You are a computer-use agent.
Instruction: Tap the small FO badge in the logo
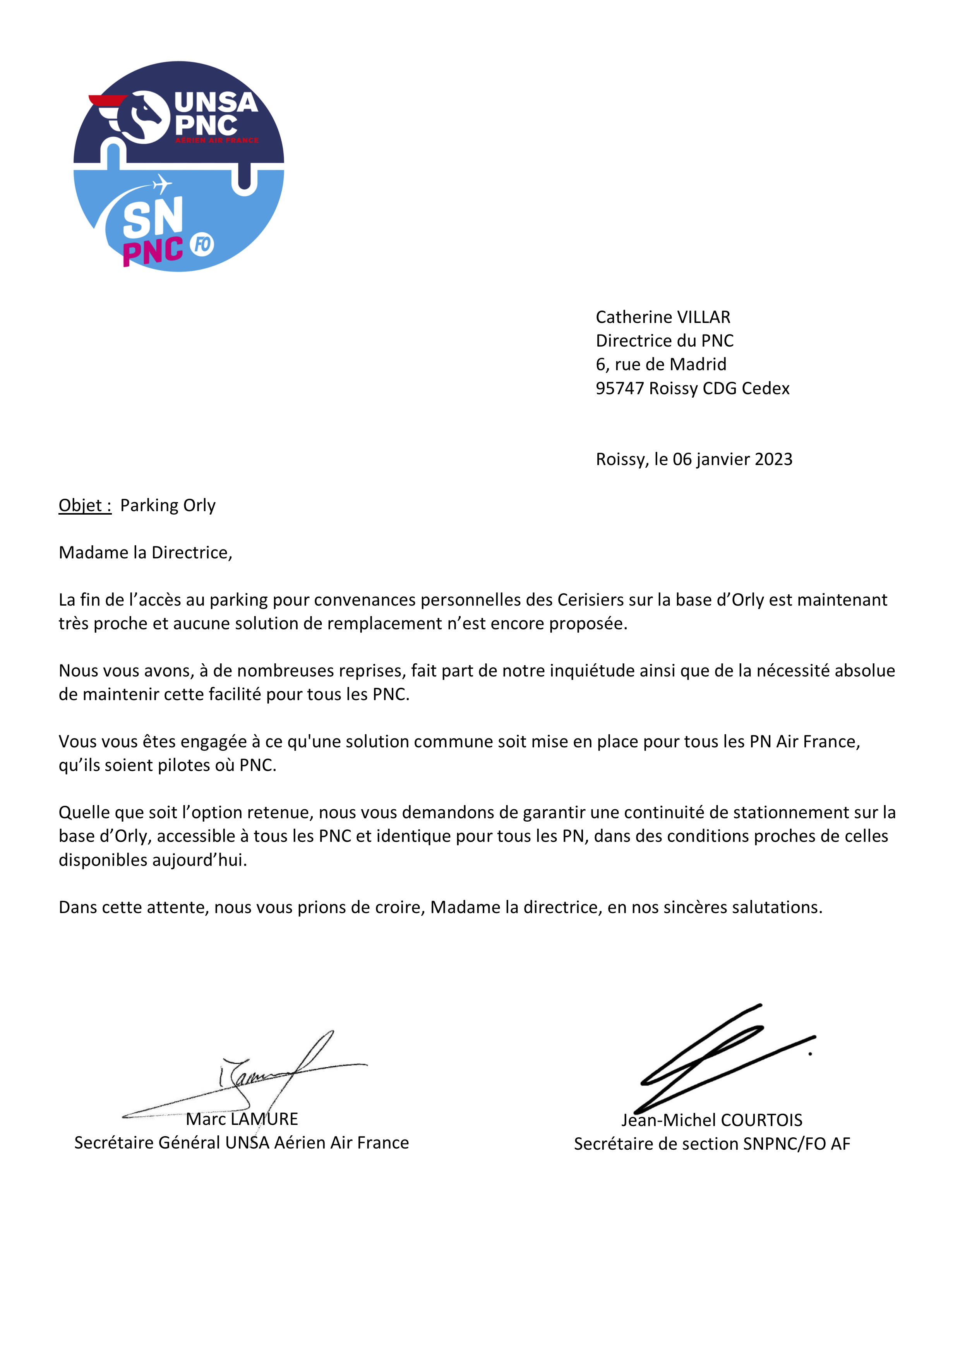[202, 244]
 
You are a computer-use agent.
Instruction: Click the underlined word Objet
[84, 506]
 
